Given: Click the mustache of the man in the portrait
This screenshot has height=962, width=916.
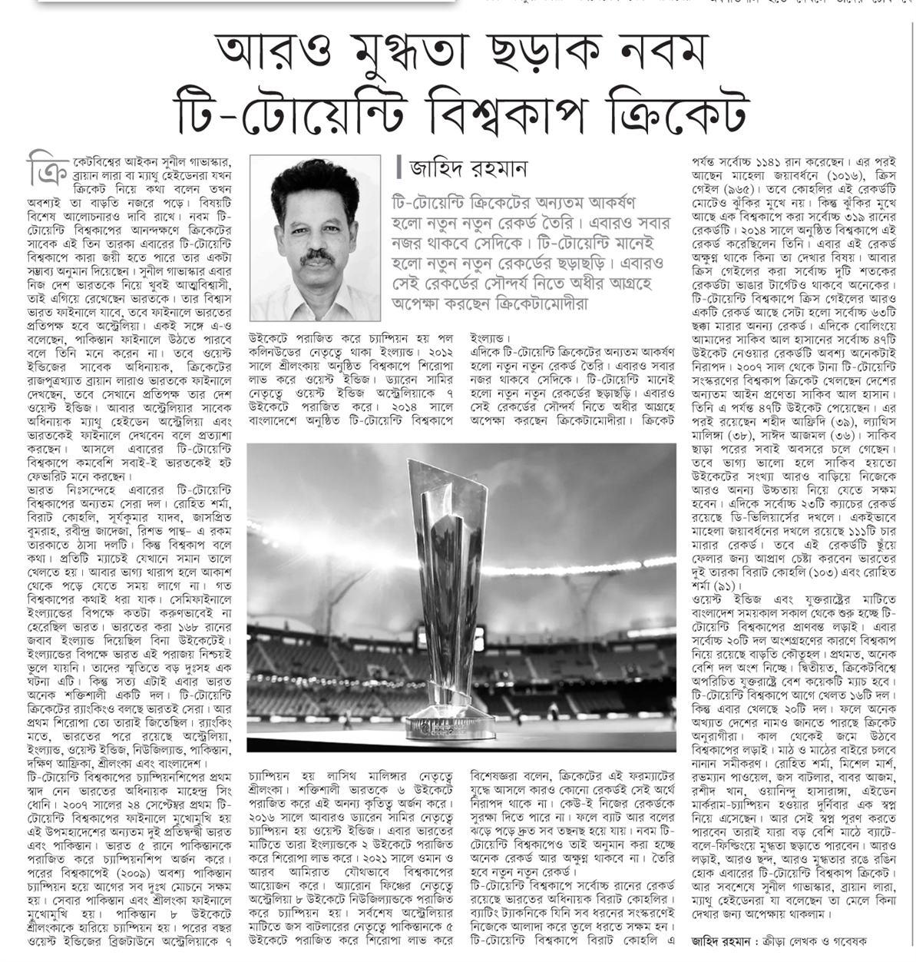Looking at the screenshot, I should pos(316,259).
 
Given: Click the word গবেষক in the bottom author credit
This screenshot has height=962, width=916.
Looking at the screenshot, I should pos(845,940).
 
